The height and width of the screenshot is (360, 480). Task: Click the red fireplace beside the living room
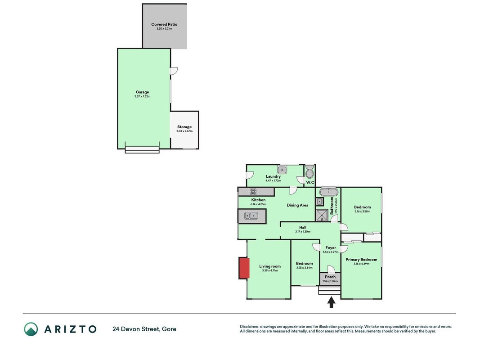[x=244, y=268]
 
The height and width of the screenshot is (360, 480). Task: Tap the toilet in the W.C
[x=310, y=171]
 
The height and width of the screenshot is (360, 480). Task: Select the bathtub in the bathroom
[x=328, y=192]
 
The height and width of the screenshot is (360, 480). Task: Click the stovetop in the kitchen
[x=253, y=192]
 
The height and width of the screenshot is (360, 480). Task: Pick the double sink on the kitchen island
[x=251, y=216]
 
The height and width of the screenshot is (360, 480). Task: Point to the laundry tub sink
[x=282, y=169]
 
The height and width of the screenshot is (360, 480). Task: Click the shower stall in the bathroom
[x=322, y=215]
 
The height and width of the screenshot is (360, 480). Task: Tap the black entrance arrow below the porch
[x=331, y=302]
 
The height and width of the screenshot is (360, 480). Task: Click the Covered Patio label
[x=164, y=24]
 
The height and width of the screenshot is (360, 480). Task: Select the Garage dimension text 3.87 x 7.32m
[x=142, y=96]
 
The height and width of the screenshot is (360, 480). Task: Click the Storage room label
[x=184, y=127]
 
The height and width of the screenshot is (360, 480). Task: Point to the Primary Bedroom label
[x=361, y=260]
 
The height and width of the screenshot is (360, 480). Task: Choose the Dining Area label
[x=297, y=205]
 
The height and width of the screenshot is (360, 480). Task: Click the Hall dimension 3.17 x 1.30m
[x=303, y=232]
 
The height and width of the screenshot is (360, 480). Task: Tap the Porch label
[x=330, y=277]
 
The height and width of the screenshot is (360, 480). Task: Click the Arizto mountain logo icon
[x=31, y=329]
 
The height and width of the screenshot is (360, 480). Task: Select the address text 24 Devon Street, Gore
[x=144, y=329]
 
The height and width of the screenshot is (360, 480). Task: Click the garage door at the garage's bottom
[x=142, y=150]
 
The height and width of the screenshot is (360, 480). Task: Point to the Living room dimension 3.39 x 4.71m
[x=270, y=270]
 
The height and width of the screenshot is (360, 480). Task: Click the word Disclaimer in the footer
[x=250, y=327]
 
